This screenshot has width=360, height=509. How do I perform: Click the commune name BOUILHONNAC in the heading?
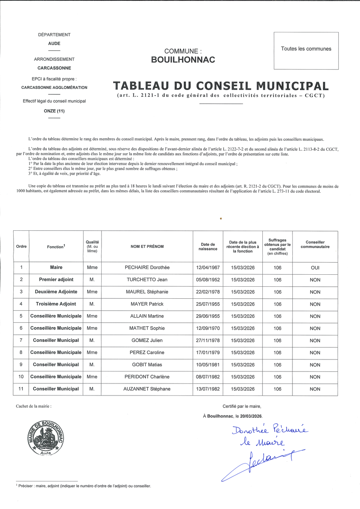tap(183, 60)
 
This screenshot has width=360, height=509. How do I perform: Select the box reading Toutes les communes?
tap(306, 49)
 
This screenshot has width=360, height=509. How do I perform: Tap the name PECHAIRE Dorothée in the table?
tap(147, 268)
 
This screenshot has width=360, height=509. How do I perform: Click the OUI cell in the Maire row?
tap(315, 268)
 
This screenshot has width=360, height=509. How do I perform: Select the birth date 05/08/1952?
tap(208, 280)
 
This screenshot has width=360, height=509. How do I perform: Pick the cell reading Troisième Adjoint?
tap(56, 304)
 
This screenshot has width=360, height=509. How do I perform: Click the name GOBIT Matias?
tap(147, 365)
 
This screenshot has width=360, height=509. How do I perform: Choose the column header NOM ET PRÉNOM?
tap(147, 247)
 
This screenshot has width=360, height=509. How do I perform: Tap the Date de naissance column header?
tap(208, 247)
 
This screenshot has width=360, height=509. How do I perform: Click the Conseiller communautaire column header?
tap(315, 245)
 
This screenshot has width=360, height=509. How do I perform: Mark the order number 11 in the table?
tap(21, 389)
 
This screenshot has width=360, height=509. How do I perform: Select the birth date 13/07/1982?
tap(208, 389)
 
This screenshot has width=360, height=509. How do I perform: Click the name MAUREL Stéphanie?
tap(147, 292)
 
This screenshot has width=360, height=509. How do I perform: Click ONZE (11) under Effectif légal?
tap(54, 111)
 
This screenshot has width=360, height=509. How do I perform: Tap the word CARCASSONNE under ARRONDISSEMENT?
tap(54, 68)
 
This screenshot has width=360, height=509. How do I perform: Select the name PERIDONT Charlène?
tap(147, 377)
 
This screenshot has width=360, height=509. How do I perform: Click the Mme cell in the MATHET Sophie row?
tap(92, 328)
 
